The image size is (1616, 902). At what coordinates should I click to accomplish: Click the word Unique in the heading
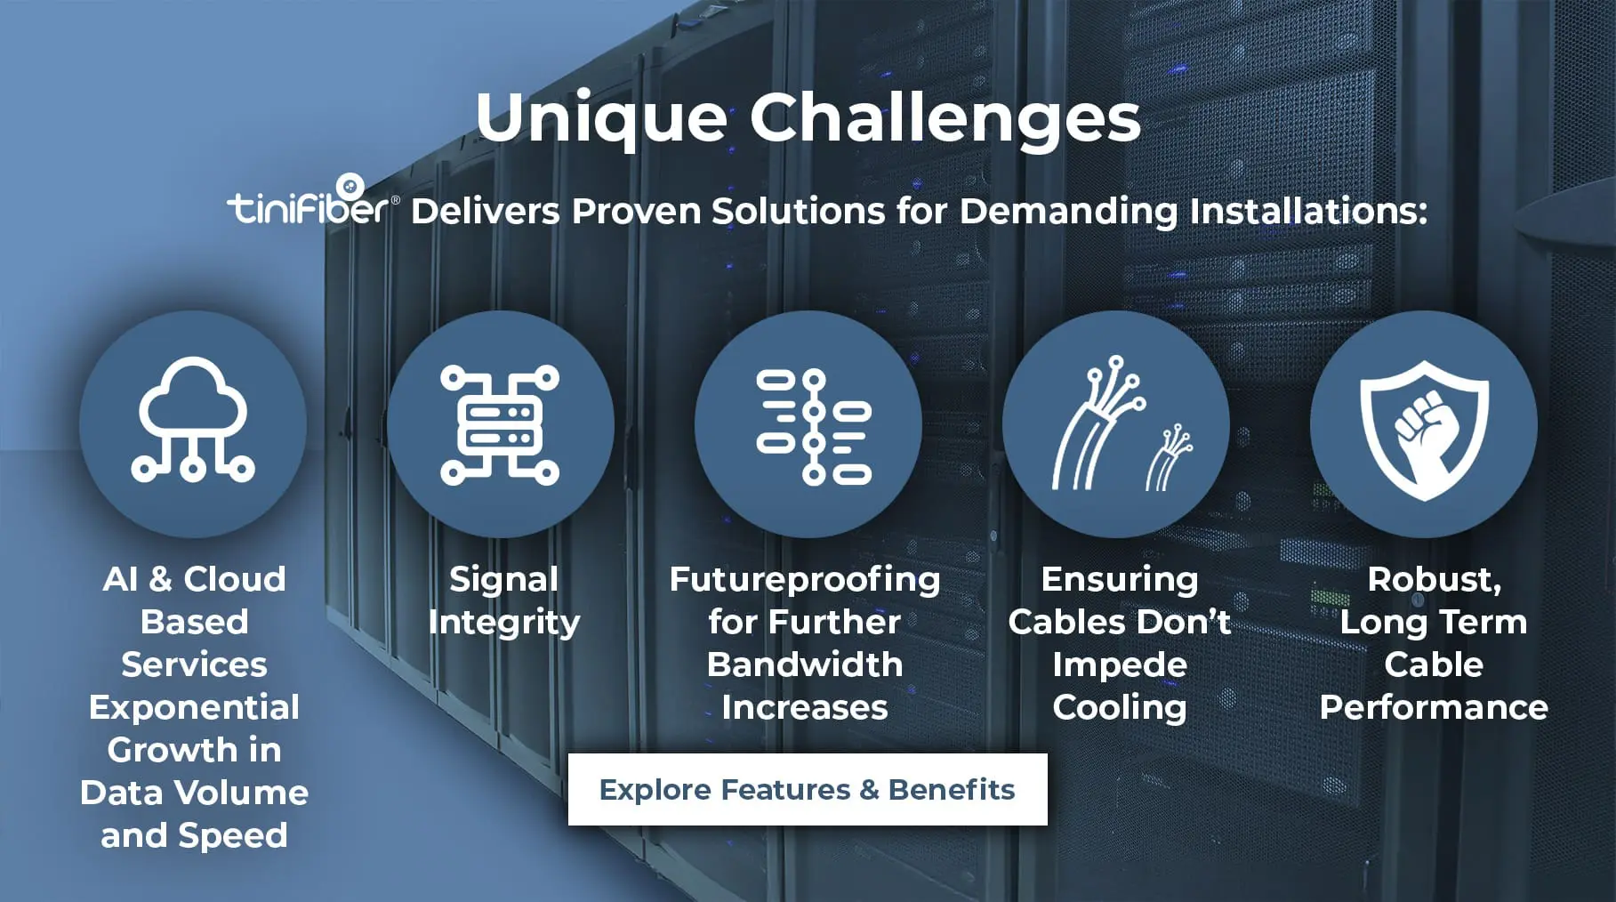[602, 118]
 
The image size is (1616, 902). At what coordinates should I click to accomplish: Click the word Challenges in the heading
[945, 118]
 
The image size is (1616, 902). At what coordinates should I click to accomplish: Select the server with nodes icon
[500, 424]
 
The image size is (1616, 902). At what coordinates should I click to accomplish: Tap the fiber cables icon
[1122, 423]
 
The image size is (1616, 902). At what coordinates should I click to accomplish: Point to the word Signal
[503, 580]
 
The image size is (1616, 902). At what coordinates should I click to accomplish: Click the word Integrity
[503, 623]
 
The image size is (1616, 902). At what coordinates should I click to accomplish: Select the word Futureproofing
[805, 580]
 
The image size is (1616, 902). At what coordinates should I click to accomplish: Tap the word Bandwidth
[805, 664]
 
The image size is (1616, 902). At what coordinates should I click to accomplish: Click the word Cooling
[1120, 708]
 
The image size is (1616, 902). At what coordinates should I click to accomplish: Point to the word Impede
[1120, 665]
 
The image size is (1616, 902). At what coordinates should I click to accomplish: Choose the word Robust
[1434, 580]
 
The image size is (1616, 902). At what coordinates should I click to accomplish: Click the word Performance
[1434, 707]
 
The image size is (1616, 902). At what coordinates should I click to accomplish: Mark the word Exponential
[194, 708]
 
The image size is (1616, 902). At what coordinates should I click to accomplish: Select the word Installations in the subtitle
[1308, 212]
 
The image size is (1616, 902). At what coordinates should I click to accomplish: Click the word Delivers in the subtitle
[486, 212]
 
